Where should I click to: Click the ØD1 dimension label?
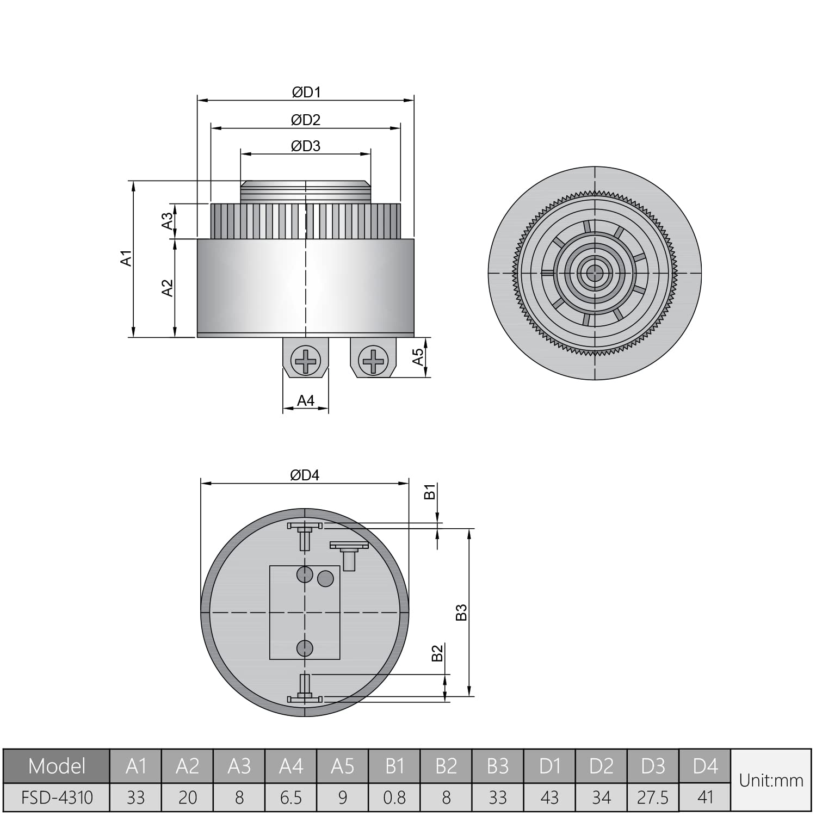pyautogui.click(x=306, y=92)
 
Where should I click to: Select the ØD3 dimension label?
pyautogui.click(x=306, y=146)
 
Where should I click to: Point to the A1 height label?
pyautogui.click(x=126, y=258)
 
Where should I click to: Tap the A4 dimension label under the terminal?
pyautogui.click(x=306, y=401)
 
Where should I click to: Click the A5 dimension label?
pyautogui.click(x=418, y=357)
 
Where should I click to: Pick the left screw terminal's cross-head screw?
pyautogui.click(x=306, y=360)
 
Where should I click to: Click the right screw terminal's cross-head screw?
pyautogui.click(x=373, y=360)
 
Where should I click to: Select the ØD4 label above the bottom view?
pyautogui.click(x=305, y=475)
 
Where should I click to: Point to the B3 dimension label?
pyautogui.click(x=461, y=612)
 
